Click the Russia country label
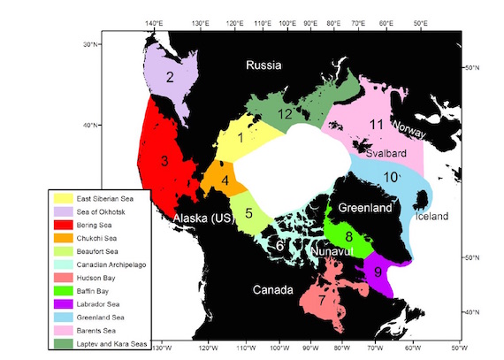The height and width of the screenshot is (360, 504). pos(264,65)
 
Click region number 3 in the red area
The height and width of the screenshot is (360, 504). pos(164,161)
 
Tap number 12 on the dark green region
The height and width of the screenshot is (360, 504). pos(285,114)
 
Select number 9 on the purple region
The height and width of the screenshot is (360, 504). pos(379,272)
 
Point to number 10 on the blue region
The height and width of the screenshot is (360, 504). pos(390,177)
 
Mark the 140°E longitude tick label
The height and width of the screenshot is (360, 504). pos(153,22)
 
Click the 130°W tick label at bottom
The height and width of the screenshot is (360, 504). pos(162,349)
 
